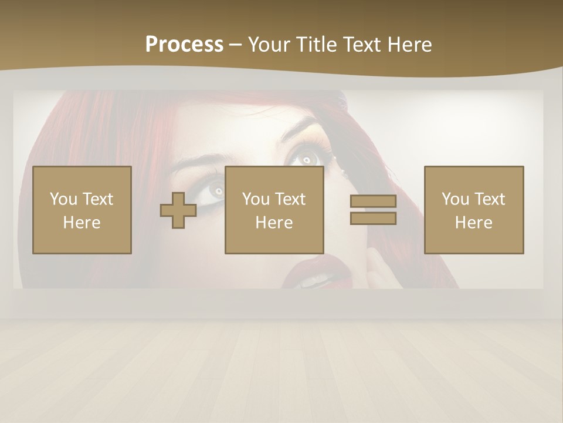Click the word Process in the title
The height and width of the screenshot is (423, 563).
click(x=184, y=45)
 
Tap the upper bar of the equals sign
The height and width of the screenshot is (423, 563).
click(x=373, y=201)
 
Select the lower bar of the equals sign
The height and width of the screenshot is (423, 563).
click(x=373, y=219)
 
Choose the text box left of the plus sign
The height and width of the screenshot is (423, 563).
click(x=82, y=210)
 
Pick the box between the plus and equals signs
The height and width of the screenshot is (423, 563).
click(x=274, y=210)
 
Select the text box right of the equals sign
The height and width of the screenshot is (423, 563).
click(x=473, y=210)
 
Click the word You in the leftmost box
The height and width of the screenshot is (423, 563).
click(x=63, y=199)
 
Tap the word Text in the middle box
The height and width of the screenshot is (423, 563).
click(x=291, y=199)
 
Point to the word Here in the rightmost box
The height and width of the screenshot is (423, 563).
click(x=473, y=223)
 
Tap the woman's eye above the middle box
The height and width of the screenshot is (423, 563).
click(x=306, y=157)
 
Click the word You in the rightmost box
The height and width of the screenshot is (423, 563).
click(x=455, y=199)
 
